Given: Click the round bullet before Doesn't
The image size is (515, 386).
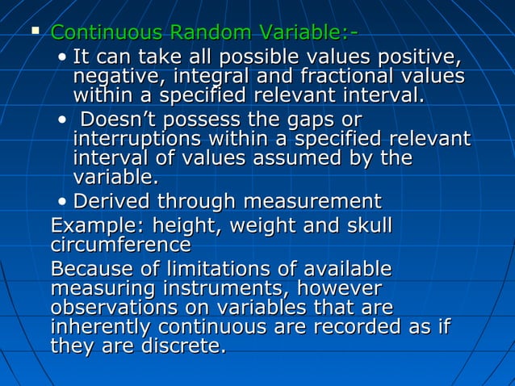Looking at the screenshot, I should click(x=63, y=120).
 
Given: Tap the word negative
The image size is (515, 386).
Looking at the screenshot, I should click(x=112, y=78).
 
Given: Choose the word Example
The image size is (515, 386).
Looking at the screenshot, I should click(x=86, y=224).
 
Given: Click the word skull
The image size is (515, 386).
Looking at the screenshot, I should click(x=365, y=224).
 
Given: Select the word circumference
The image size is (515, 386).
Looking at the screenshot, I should click(x=120, y=243).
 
